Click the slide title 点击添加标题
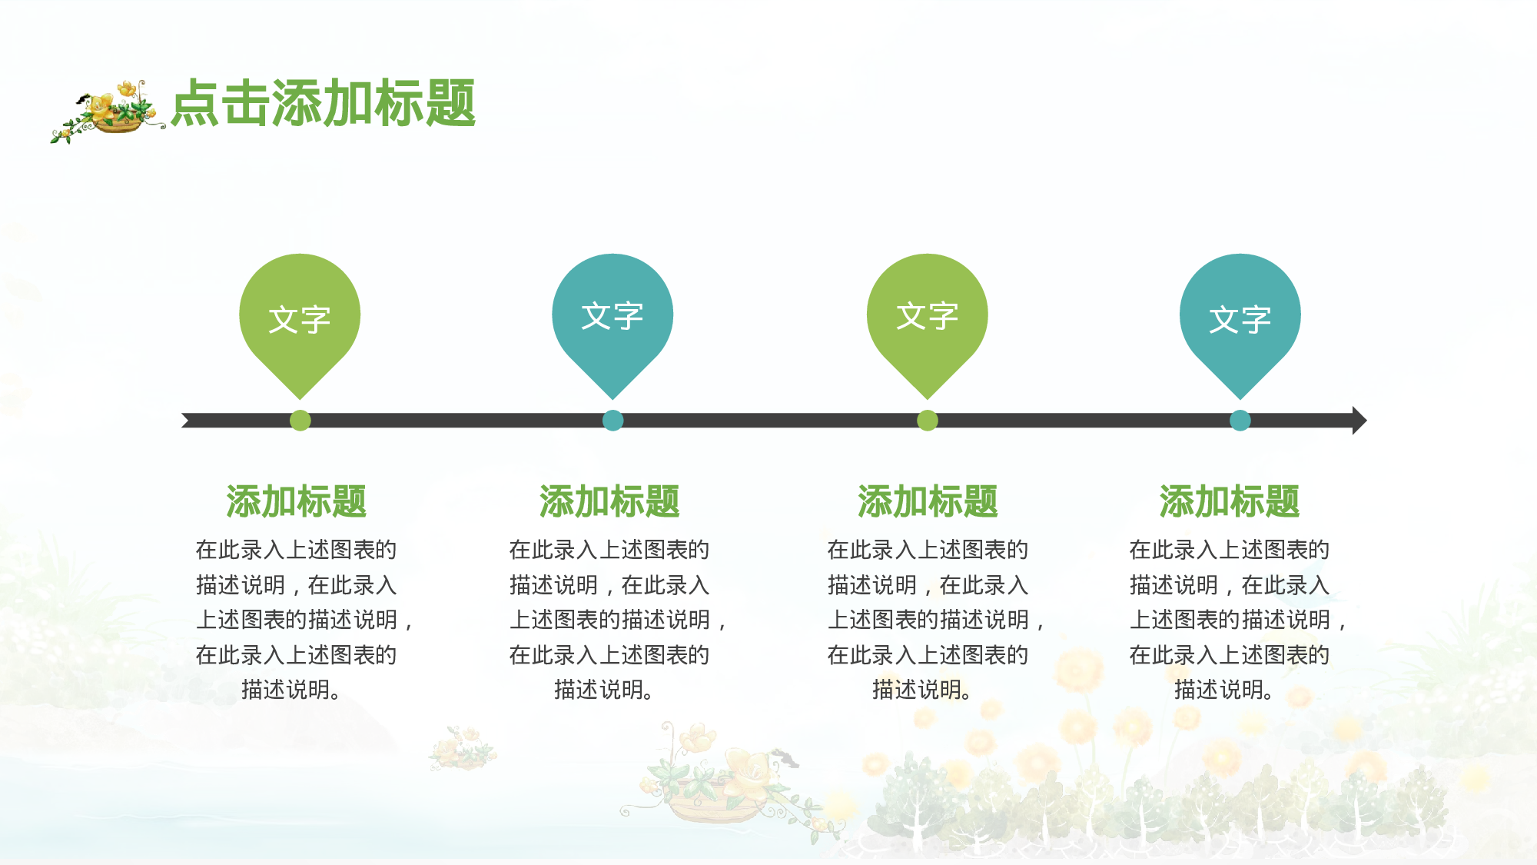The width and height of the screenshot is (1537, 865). [x=323, y=103]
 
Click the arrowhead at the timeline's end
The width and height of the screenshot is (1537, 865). [x=1358, y=421]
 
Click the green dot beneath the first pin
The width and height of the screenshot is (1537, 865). [x=300, y=421]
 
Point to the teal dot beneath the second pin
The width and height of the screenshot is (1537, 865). [x=612, y=421]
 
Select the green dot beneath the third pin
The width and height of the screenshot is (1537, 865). [x=928, y=421]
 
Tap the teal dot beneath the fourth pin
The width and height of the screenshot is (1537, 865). [x=1240, y=421]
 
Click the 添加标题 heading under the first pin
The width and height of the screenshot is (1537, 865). [x=296, y=501]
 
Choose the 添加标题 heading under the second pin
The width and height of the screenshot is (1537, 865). [x=609, y=501]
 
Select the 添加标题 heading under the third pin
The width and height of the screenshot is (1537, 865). [x=928, y=501]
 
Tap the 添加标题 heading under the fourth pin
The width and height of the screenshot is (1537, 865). [x=1230, y=501]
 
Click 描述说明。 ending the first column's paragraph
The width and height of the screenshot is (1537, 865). [x=291, y=690]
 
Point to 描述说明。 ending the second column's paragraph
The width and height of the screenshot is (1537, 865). [x=604, y=690]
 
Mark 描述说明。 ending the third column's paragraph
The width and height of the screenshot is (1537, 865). [x=922, y=690]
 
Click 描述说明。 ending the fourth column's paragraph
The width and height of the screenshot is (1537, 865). [x=1224, y=690]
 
